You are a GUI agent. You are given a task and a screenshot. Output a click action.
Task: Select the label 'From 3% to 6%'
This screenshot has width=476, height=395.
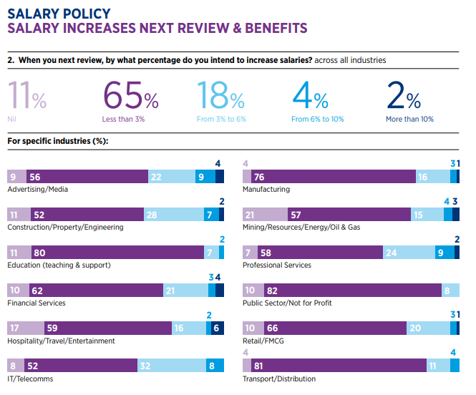pyautogui.click(x=221, y=120)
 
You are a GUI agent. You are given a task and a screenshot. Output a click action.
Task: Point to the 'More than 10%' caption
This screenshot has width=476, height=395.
pyautogui.click(x=409, y=120)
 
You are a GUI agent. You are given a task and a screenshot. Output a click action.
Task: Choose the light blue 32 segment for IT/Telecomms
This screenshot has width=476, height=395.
pyautogui.click(x=166, y=365)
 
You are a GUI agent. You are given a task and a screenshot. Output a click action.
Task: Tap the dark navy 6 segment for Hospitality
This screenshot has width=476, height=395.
pyautogui.click(x=216, y=327)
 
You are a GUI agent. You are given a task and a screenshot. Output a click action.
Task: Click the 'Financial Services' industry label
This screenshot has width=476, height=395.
pyautogui.click(x=37, y=303)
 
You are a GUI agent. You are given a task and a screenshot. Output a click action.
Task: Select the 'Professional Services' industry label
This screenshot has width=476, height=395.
pyautogui.click(x=277, y=265)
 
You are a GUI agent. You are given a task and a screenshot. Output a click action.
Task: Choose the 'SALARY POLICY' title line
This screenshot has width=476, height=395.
pyautogui.click(x=59, y=14)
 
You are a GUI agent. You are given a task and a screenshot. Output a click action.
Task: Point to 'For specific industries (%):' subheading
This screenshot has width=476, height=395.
pyautogui.click(x=57, y=141)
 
